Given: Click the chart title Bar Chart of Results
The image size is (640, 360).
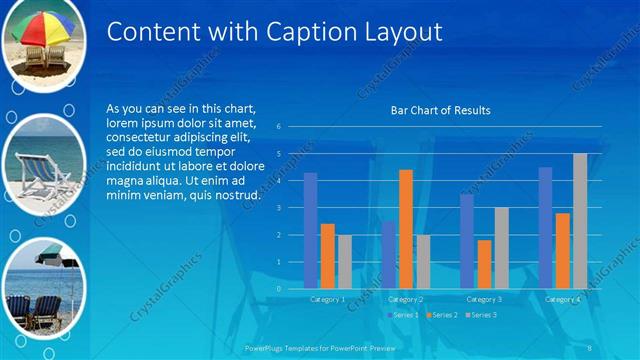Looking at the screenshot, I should point(440,110).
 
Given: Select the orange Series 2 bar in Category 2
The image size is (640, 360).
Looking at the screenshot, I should point(405,229).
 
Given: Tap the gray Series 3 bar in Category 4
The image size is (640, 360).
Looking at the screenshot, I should point(580,220).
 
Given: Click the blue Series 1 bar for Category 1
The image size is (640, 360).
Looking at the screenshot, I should point(310,230).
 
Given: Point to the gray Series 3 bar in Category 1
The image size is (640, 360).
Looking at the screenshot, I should point(345,261).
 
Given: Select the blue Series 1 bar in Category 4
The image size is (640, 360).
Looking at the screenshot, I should point(545,227).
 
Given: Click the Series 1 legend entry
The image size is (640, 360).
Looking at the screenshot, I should point(405,315).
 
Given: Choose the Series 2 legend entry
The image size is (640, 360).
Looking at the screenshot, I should point(441,315).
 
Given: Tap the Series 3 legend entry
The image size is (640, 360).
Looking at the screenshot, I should point(480,315).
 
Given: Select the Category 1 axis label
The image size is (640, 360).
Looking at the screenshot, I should point(327,299).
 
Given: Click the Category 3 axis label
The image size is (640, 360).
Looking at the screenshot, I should point(484,299).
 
